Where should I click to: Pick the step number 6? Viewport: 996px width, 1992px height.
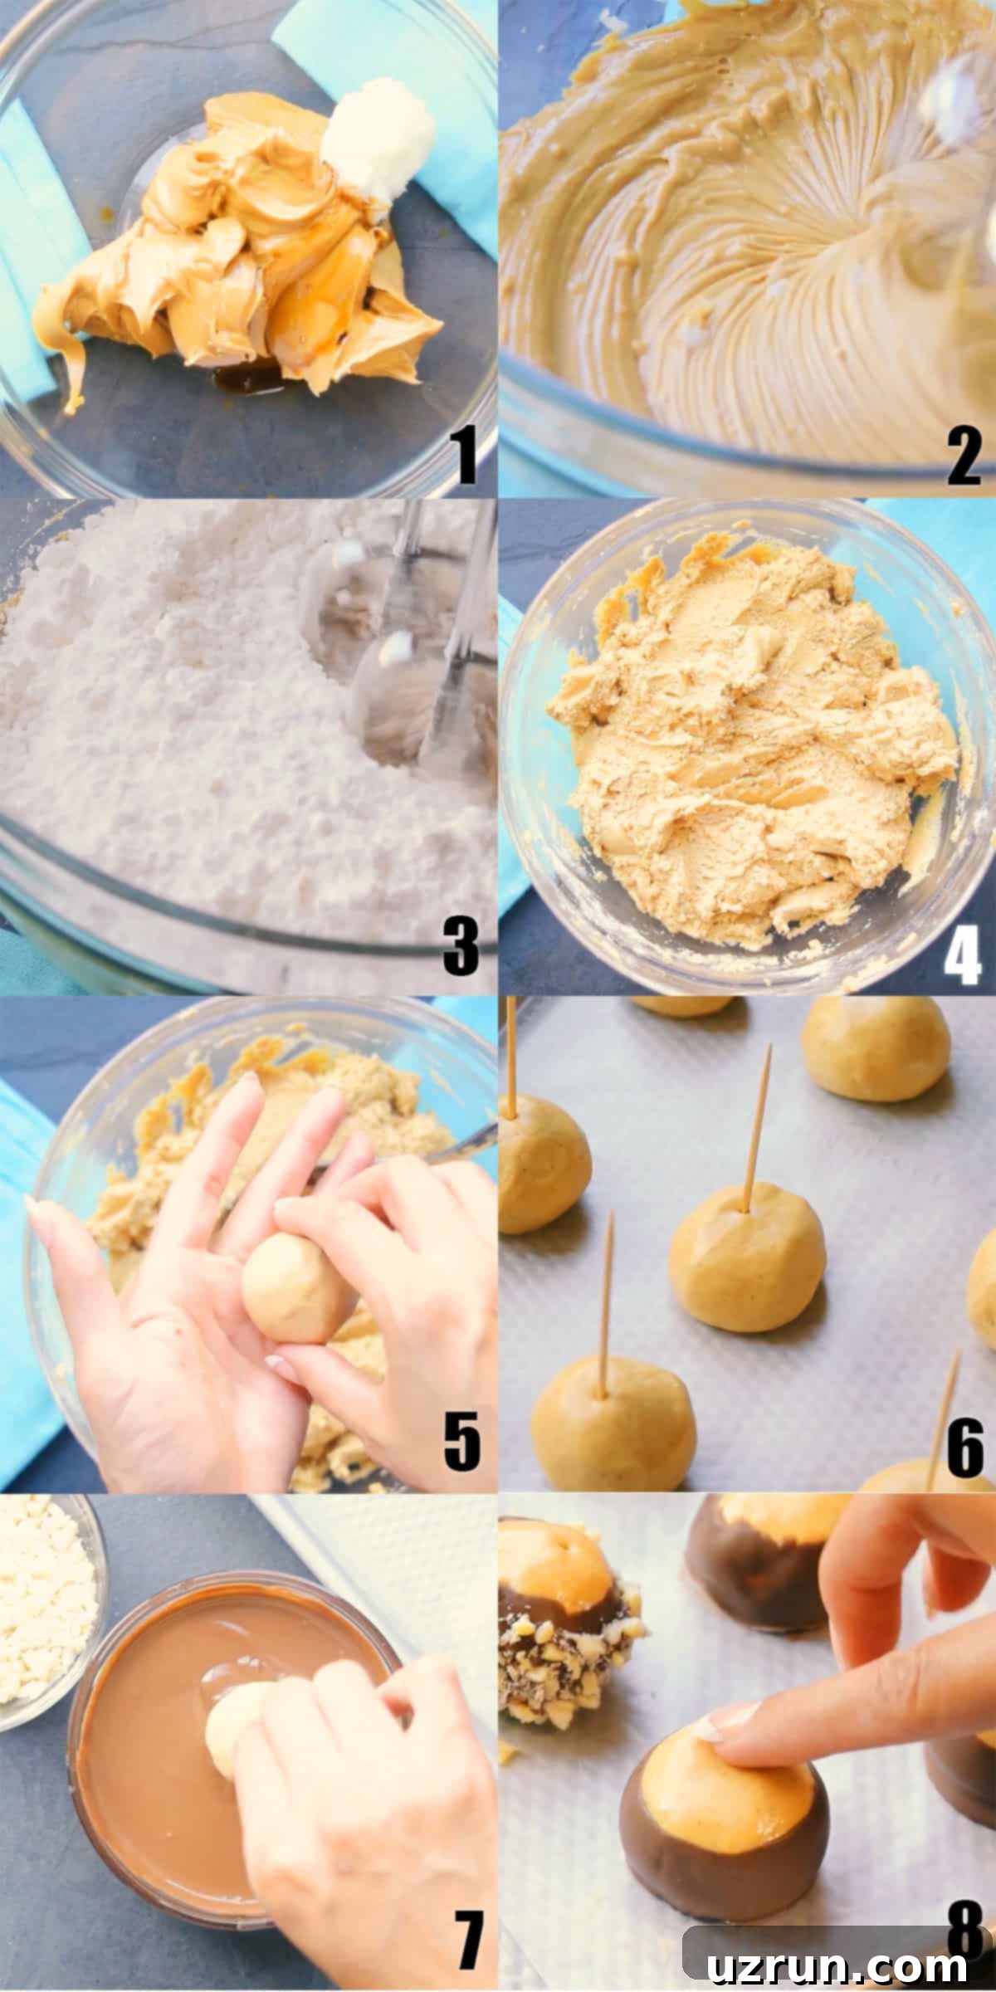coord(964,1448)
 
